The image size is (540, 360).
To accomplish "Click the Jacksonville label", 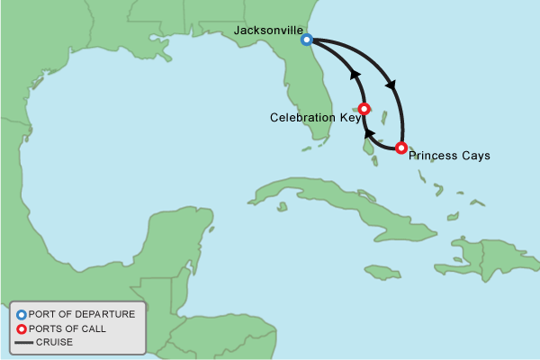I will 267,31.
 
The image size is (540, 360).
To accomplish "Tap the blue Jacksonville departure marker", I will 307,40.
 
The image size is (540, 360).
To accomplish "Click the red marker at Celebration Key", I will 364,109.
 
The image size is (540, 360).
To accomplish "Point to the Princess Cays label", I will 449,156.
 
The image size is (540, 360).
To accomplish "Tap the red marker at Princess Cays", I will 401,148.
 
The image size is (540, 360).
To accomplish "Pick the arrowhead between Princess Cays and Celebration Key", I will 367,135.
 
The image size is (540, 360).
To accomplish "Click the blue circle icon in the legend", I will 21,314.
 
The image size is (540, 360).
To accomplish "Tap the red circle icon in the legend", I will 21,328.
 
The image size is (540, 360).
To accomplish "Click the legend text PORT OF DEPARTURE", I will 81,314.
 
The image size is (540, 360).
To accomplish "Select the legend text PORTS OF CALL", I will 67,328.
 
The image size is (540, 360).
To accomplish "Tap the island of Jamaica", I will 382,271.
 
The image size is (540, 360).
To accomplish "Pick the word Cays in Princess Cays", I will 476,156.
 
